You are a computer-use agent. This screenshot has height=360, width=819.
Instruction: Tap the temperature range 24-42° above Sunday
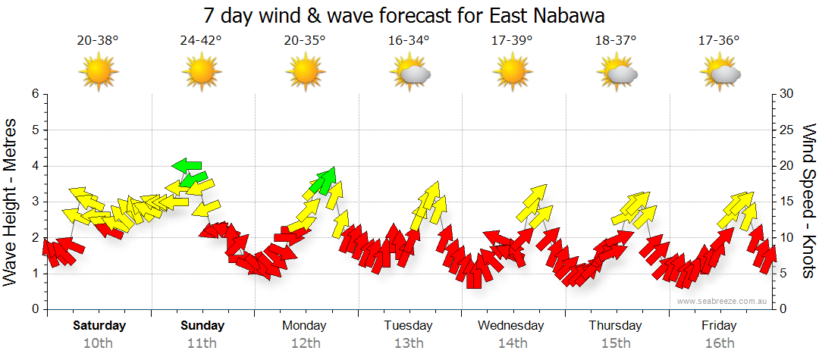click(201, 41)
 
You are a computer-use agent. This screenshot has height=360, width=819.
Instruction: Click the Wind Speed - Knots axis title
click(808, 201)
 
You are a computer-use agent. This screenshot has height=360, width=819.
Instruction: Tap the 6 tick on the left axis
click(34, 94)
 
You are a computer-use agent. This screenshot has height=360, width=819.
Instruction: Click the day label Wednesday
click(510, 326)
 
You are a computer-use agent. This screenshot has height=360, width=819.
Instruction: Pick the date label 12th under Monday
click(304, 343)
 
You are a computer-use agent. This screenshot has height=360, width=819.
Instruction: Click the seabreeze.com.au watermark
click(723, 301)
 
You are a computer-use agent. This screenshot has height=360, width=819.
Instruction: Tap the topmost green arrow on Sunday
click(187, 165)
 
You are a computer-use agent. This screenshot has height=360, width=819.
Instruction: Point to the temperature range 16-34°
click(409, 41)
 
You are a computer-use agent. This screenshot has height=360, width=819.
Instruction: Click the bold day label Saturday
click(99, 326)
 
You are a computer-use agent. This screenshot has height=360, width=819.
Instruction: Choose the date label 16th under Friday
click(719, 343)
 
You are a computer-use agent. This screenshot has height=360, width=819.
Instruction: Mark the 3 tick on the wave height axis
click(34, 202)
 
